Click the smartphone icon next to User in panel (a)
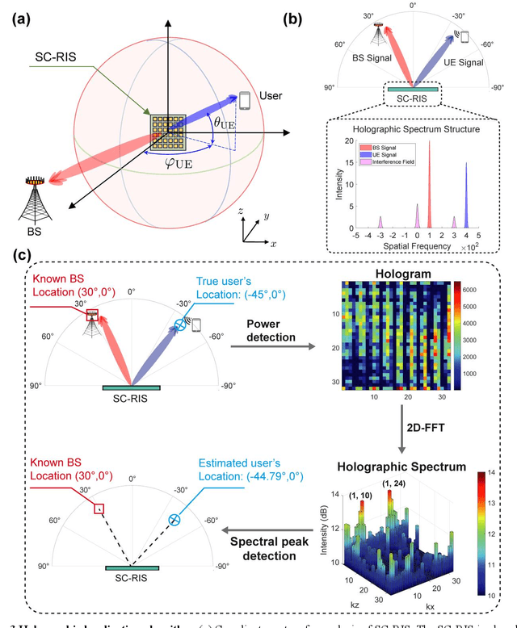point(246,101)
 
